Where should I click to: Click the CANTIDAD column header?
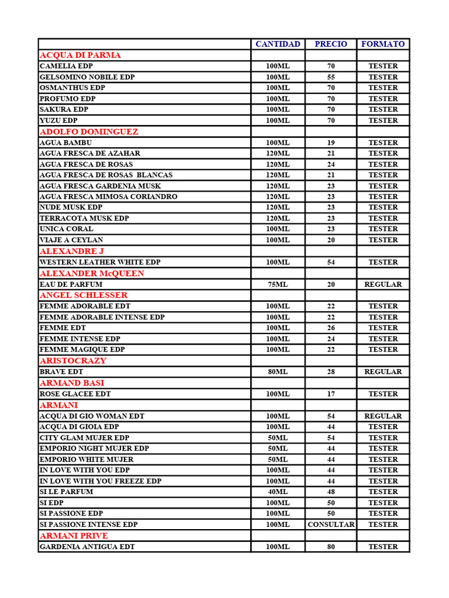(278, 44)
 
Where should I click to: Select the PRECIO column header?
(331, 44)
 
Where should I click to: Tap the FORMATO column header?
(383, 44)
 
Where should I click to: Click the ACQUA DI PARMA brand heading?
(81, 55)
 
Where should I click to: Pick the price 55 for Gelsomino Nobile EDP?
(331, 77)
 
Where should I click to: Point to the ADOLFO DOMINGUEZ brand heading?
(89, 131)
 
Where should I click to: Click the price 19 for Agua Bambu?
(331, 142)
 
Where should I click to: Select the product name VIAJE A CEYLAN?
(71, 240)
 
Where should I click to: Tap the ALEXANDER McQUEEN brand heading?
(92, 273)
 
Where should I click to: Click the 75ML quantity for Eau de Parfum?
(278, 284)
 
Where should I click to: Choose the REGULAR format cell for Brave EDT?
(383, 371)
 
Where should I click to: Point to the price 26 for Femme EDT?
(331, 328)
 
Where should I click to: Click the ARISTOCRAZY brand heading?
(73, 360)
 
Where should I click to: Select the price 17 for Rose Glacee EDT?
(331, 394)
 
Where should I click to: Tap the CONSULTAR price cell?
(331, 524)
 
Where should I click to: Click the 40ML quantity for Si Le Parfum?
(278, 492)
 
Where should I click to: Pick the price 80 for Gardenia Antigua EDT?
(331, 547)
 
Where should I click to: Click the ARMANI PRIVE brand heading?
(74, 536)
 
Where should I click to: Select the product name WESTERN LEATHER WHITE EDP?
(100, 262)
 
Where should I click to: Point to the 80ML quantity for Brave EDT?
(278, 371)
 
